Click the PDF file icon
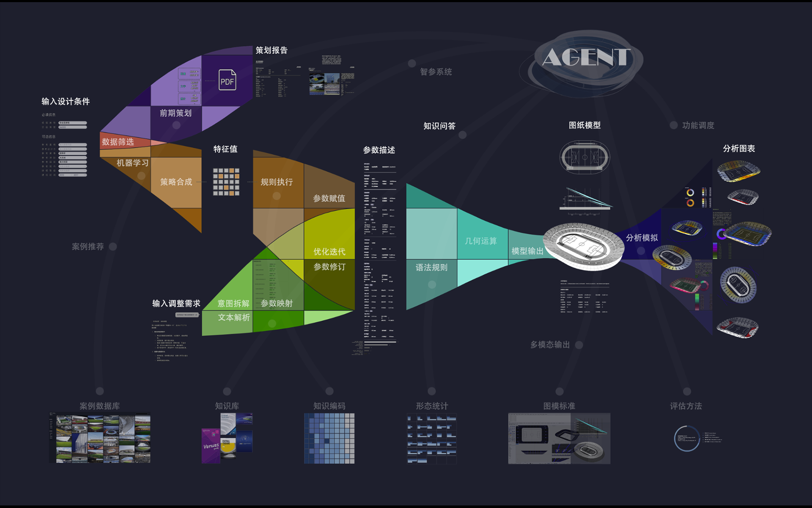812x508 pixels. coord(227,80)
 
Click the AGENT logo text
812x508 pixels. coord(586,57)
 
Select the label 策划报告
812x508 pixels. coord(272,50)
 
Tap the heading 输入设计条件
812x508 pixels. coord(66,102)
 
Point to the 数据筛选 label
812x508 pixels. coord(118,142)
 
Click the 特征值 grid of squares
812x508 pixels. coord(226,182)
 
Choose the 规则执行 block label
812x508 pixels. coord(277,182)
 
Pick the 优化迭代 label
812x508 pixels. coord(329,252)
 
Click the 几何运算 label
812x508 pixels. coord(481,241)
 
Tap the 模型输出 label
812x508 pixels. coord(527,251)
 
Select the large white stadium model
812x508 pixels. coord(583,245)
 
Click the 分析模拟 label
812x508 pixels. coord(642,238)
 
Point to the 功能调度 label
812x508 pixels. coord(698,125)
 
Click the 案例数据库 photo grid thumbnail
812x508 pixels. coord(100,438)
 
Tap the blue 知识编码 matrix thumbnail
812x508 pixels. coord(329,438)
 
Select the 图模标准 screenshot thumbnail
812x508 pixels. coord(559,438)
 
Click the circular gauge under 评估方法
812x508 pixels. coord(686,439)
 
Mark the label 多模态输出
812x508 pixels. coord(550,345)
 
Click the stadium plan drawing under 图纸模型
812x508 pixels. coord(584,157)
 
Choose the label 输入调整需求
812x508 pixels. coord(176,304)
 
